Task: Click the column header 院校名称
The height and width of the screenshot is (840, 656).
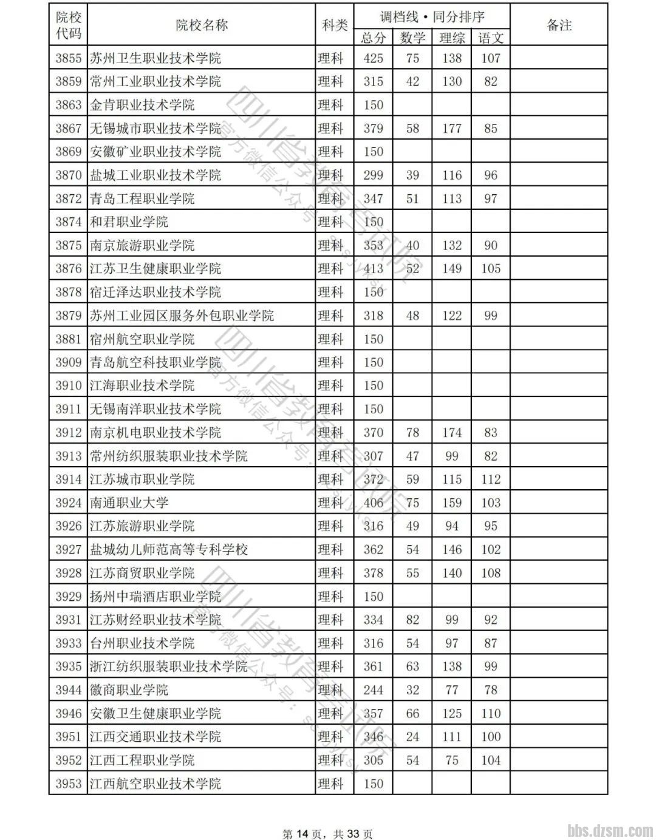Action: coord(201,25)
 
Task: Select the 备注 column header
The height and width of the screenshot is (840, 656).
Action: coord(559,25)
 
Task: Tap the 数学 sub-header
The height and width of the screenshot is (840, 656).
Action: coord(412,38)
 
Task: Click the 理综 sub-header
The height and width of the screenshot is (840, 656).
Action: coord(452,38)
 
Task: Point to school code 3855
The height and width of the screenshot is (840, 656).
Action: coord(68,58)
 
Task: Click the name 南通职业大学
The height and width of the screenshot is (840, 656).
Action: coord(129,503)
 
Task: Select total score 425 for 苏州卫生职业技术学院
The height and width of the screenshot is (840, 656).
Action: coord(373,58)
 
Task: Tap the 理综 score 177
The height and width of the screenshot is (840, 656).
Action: coord(452,129)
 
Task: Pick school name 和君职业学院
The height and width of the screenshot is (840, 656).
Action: coord(129,222)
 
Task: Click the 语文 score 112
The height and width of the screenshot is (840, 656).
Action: coord(491,479)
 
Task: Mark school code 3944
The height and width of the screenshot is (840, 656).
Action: coord(68,690)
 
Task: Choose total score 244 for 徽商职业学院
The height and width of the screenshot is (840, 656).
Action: coord(373,690)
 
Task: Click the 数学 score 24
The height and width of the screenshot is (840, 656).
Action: coord(412,737)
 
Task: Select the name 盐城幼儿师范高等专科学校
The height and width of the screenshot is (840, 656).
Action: coord(169,550)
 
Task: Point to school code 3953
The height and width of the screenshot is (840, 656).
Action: coord(68,784)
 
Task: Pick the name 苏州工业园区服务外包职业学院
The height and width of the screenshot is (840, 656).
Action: coord(182,316)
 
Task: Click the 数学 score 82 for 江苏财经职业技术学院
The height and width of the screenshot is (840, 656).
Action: coord(412,620)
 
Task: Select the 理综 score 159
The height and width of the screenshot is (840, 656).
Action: coord(452,503)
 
